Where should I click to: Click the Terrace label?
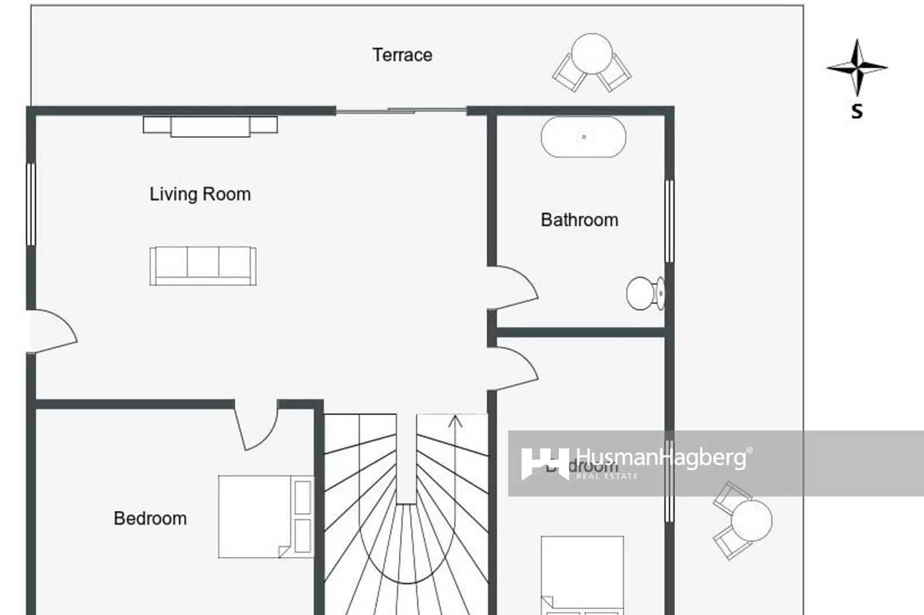click(402, 55)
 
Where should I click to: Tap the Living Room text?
click(200, 194)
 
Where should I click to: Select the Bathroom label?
click(579, 220)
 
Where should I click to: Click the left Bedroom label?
click(150, 518)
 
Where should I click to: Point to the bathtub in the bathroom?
click(583, 137)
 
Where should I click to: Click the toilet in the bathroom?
click(644, 294)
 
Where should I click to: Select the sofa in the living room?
click(203, 266)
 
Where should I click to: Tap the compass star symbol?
click(857, 67)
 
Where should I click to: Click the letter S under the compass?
click(857, 111)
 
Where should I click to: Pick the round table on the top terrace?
click(591, 54)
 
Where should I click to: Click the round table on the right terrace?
click(751, 521)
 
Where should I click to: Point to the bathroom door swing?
click(515, 287)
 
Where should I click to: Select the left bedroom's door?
click(255, 426)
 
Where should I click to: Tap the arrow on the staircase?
click(456, 422)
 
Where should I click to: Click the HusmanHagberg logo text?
click(661, 458)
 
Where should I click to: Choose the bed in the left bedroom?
click(265, 516)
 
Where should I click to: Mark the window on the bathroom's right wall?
click(669, 221)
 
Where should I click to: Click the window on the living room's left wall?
click(31, 204)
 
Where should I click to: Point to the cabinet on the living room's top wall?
click(210, 126)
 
